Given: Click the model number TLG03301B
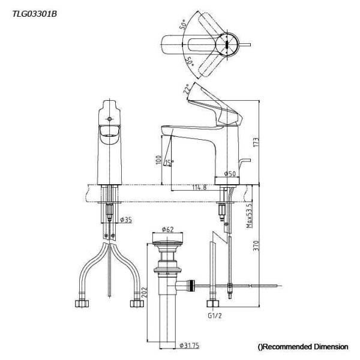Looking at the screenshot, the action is [x=34, y=14].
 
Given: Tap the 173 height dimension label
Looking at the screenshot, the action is [x=256, y=142].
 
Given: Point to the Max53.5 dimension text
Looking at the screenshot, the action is [x=249, y=216].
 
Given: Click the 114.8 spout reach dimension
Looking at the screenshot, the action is [x=199, y=187].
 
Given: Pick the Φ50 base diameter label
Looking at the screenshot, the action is [x=230, y=173].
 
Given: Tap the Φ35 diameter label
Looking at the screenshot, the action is [x=126, y=220].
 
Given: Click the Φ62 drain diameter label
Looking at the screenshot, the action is [x=167, y=229].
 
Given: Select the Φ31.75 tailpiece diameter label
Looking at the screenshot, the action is [x=189, y=346].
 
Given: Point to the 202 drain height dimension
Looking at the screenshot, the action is [x=144, y=292].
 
